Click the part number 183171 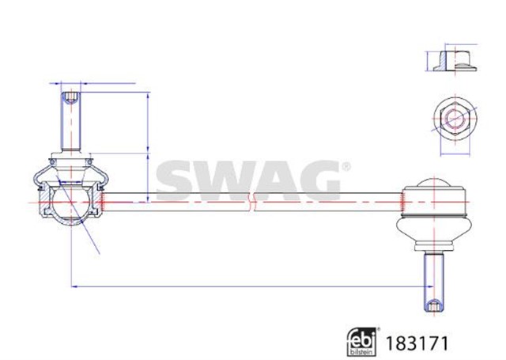pos(417,343)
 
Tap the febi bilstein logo pos(362,342)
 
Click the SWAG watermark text pos(248,181)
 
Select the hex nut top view pos(455,119)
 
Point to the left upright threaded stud pos(71,121)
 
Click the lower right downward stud pos(434,282)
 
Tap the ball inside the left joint pos(70,202)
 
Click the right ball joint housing pos(434,200)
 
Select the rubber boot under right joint pos(434,232)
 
